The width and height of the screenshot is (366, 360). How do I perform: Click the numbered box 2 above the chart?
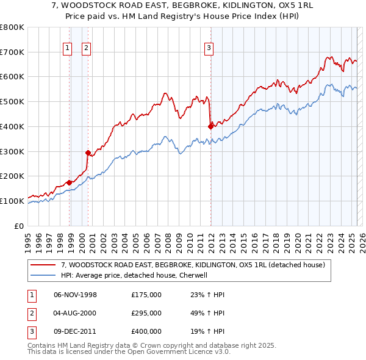coord(86,49)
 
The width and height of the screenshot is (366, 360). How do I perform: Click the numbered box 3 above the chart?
coord(209,49)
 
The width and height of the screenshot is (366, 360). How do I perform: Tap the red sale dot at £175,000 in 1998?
coord(70,182)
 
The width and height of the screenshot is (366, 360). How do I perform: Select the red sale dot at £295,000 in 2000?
coord(88,153)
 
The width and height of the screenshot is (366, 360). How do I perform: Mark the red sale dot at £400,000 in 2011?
coord(210,126)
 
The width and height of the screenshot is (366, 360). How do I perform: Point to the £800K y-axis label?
coord(12,27)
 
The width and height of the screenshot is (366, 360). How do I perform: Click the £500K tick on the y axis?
coord(12,102)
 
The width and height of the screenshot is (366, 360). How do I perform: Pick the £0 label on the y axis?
coord(20,226)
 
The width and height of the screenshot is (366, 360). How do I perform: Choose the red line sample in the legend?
coord(44,265)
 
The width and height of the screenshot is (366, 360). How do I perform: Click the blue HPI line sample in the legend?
coord(44,275)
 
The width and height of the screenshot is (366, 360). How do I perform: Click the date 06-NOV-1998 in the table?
coord(75,294)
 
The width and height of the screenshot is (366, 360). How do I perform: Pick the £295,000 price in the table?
coord(146,313)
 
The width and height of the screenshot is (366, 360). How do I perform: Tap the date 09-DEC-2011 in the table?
coord(75,332)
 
